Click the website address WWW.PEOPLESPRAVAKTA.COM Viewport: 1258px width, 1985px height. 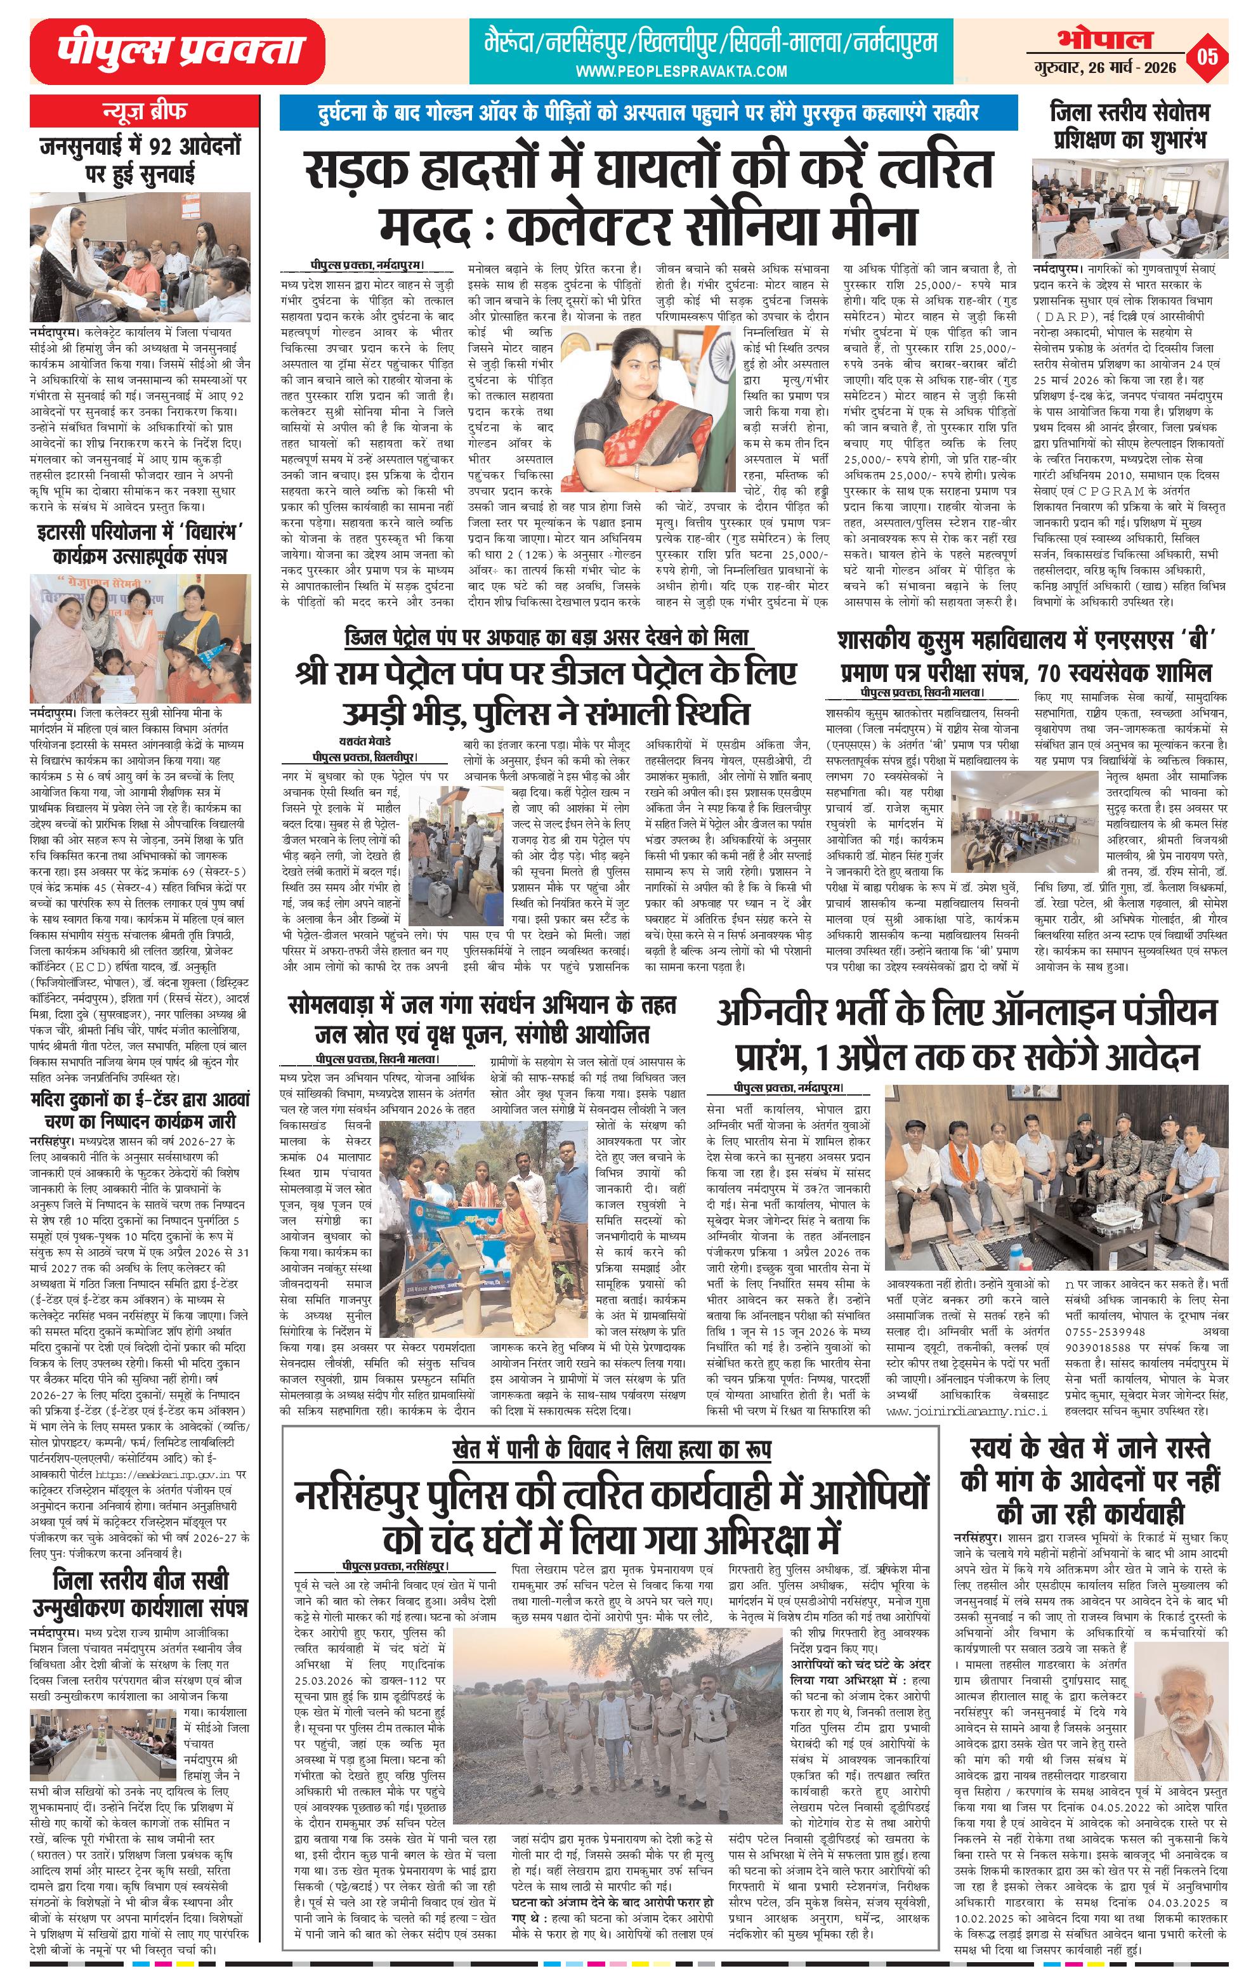coord(681,72)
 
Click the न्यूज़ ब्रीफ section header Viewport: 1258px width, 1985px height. coord(144,110)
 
